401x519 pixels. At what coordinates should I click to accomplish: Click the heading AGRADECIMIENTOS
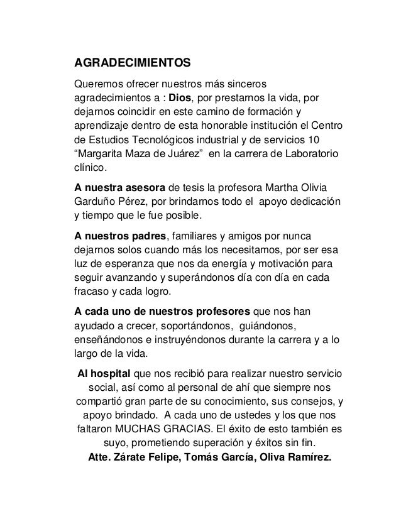point(133,64)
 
